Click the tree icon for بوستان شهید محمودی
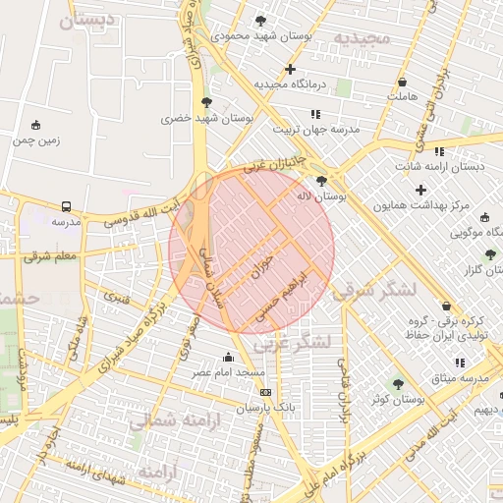pos(260,20)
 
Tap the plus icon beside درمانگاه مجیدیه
pos(290,69)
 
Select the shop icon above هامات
pos(403,82)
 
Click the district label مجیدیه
pos(362,38)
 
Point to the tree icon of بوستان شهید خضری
pos(206,102)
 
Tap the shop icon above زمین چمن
pos(36,125)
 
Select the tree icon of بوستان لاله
pos(321,181)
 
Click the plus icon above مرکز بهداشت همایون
pos(421,189)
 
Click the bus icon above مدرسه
pos(66,206)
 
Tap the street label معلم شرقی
pos(50,257)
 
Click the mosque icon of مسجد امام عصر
pos(229,357)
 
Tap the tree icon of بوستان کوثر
pos(398,383)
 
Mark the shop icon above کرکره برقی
pos(447,306)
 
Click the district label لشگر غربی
pos(292,344)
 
